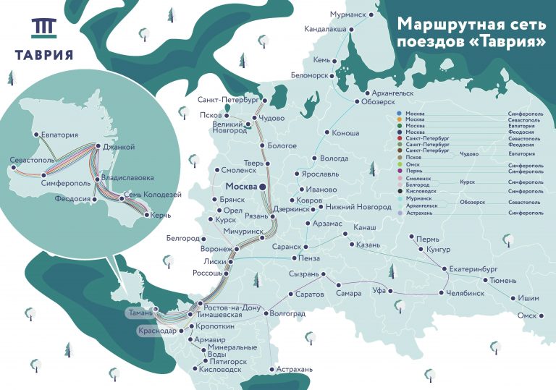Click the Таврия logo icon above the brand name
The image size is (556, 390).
coord(43,28)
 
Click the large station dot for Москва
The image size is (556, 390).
coord(263,187)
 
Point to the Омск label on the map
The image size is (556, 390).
coord(526,316)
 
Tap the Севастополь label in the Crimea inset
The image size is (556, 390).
coord(31,159)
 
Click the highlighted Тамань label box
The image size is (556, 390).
coord(139,313)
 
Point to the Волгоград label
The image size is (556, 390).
coord(287,314)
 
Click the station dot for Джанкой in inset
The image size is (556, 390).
coord(97,147)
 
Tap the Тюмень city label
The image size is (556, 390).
coord(503,280)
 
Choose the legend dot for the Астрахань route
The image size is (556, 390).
coord(400,213)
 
